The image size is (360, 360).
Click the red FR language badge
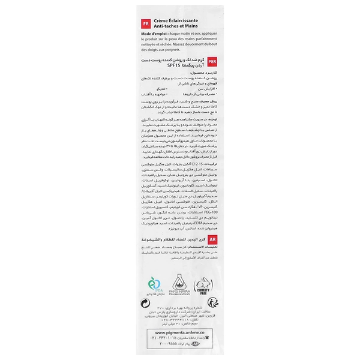pyautogui.click(x=144, y=24)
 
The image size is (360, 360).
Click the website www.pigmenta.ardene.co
pyautogui.click(x=179, y=332)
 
